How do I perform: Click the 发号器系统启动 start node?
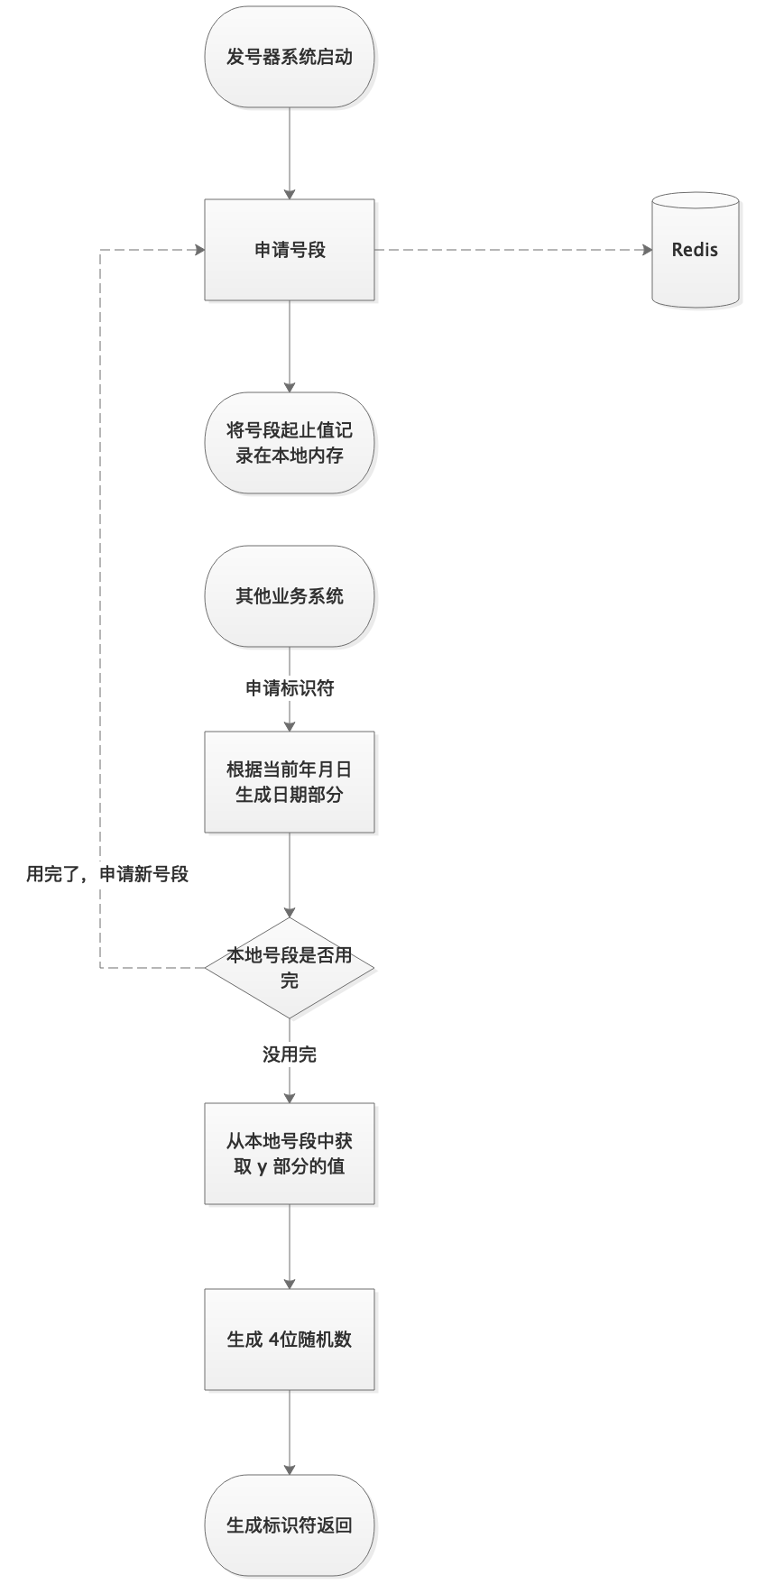(289, 58)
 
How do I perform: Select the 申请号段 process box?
(289, 250)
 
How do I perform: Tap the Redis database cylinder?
(695, 250)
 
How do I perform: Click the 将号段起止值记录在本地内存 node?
(289, 443)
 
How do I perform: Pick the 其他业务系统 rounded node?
(289, 596)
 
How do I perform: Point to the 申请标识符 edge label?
(290, 688)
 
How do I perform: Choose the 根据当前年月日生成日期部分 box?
(289, 781)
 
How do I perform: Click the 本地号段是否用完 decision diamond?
(289, 968)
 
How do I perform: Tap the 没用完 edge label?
(290, 1054)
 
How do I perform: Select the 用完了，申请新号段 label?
(107, 873)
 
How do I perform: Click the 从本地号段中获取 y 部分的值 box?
(289, 1153)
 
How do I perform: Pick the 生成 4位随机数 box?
(289, 1340)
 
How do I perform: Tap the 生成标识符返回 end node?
(289, 1525)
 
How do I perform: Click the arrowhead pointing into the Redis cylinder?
(646, 250)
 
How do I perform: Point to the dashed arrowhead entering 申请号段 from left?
(198, 250)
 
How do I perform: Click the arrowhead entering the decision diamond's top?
(290, 912)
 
